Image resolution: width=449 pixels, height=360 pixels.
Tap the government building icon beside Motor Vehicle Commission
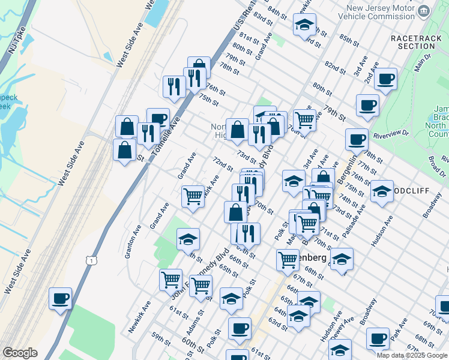pos(424,11)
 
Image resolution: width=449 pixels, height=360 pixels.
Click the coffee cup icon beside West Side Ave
pos(60,298)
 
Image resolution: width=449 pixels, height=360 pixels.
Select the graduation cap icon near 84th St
pos(304,25)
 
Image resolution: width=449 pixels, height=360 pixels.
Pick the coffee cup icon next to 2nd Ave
pos(385,78)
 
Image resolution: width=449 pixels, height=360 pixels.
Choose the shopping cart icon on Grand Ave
pos(193,196)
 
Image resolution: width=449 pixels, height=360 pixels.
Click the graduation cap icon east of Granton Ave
pos(188,238)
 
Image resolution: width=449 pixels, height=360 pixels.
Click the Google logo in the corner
pos(20,353)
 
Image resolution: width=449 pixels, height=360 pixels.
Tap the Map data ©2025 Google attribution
pos(412,355)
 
